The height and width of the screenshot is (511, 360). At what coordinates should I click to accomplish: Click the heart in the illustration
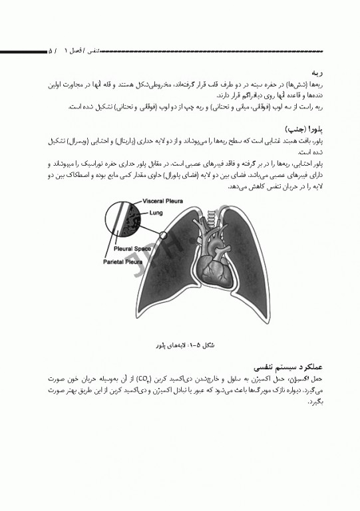click(215, 267)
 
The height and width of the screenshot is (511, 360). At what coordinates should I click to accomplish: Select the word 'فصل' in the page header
click(80, 51)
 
